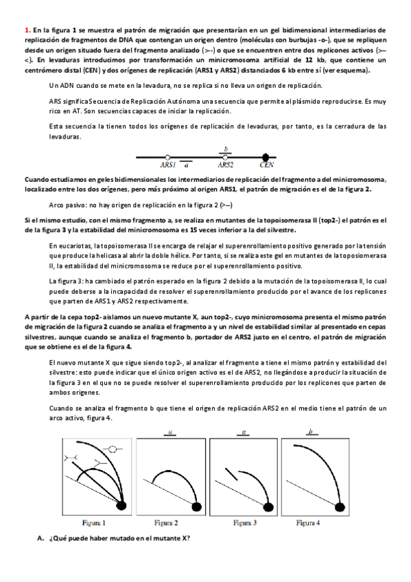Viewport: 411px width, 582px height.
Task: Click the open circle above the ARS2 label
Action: tap(225, 156)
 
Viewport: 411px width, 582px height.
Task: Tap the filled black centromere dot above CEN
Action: tap(267, 156)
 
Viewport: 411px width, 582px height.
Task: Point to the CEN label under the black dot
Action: tap(267, 165)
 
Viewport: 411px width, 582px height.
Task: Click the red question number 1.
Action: tap(27, 31)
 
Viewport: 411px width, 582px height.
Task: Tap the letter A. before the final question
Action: tap(40, 537)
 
